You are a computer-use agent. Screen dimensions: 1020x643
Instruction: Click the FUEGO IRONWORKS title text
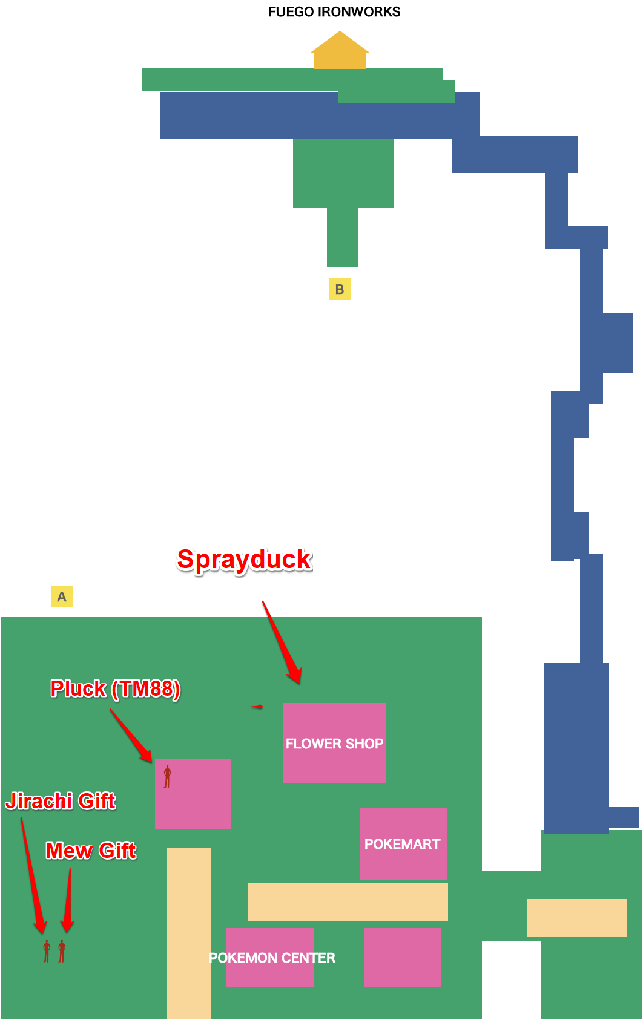[x=334, y=12]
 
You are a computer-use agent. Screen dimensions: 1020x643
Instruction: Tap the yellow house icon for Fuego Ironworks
[x=340, y=52]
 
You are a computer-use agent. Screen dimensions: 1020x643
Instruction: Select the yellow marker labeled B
[x=340, y=289]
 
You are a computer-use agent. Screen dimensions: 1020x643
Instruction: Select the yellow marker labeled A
[x=62, y=597]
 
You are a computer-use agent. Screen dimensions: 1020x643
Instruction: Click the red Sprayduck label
[x=245, y=560]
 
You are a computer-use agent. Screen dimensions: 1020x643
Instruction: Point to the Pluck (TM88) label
[x=115, y=688]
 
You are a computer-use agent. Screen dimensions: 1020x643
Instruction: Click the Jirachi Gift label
[x=61, y=801]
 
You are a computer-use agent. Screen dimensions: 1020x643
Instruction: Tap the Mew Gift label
[x=91, y=851]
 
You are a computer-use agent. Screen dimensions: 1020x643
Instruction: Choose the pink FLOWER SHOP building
[x=335, y=743]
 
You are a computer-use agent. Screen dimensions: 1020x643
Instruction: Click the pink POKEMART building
[x=403, y=844]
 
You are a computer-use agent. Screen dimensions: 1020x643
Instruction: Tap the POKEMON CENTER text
[x=272, y=958]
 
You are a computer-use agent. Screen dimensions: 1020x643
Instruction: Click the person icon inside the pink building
[x=168, y=776]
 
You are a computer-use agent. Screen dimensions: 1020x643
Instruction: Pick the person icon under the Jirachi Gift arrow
[x=47, y=951]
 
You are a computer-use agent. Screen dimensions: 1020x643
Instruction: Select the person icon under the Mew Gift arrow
[x=62, y=951]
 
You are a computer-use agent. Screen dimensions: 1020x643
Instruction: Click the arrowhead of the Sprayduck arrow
[x=296, y=678]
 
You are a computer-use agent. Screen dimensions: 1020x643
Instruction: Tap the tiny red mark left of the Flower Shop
[x=257, y=707]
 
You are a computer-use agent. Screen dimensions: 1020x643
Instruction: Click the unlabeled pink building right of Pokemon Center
[x=402, y=958]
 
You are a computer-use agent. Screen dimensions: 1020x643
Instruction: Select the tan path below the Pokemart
[x=348, y=902]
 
